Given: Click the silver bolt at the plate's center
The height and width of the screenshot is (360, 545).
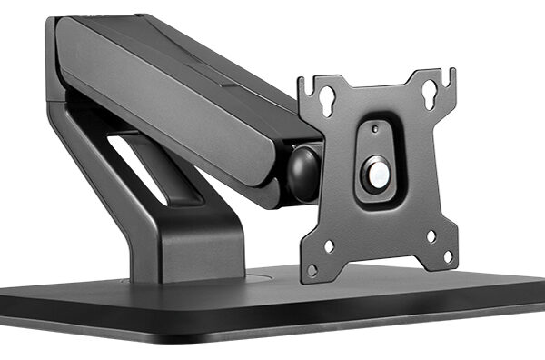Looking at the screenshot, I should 375,172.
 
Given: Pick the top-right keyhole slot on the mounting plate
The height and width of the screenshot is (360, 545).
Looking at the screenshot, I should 426,91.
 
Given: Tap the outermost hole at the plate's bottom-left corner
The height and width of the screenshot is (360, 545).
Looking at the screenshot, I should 312,270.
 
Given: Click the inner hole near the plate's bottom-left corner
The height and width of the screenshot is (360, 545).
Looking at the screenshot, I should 329,245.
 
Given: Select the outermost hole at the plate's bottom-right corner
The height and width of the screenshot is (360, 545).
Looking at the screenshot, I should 447,255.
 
